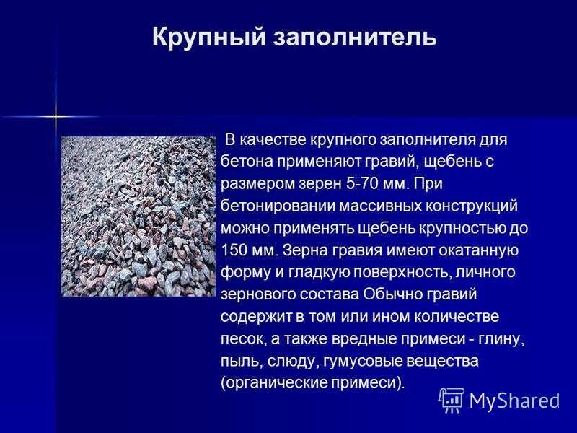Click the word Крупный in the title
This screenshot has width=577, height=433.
pos(208,38)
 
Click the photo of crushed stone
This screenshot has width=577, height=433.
pos(138,216)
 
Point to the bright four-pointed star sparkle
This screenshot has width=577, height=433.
pos(56,117)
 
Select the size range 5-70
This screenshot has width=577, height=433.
pos(362,183)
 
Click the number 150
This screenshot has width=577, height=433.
pos(232,250)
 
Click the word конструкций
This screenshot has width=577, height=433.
pos(472,206)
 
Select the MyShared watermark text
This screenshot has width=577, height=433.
pos(514,401)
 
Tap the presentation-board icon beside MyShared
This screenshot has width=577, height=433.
pos(452,400)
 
